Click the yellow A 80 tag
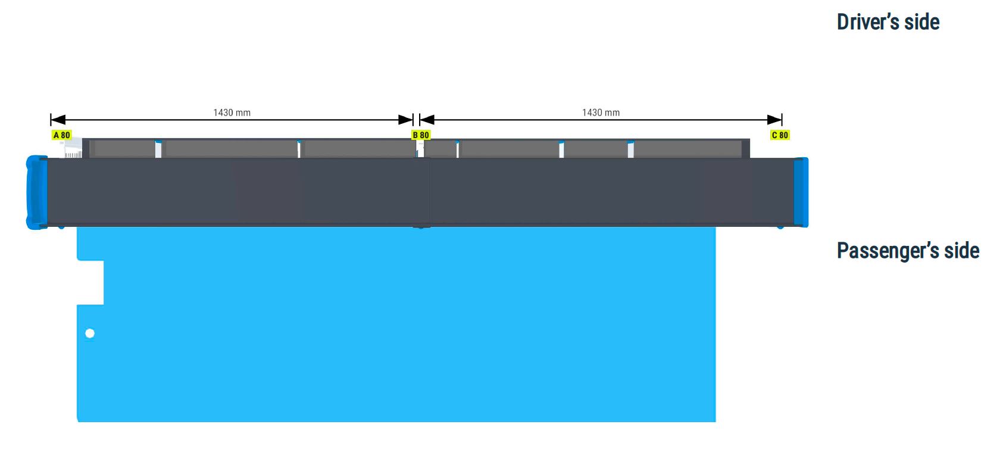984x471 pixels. click(61, 135)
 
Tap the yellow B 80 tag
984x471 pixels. click(421, 135)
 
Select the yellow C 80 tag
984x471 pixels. click(780, 135)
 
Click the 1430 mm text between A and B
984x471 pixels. click(232, 113)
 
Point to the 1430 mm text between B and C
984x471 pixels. click(601, 113)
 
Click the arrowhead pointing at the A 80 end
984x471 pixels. click(58, 120)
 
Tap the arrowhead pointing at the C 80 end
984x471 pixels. click(774, 120)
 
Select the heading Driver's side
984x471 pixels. click(888, 22)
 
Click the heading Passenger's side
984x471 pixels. click(908, 251)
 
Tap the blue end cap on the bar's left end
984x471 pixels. click(37, 192)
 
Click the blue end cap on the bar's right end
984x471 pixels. click(801, 192)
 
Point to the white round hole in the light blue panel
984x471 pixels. click(90, 333)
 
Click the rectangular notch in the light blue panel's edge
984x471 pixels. click(90, 282)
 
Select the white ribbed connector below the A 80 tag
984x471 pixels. click(72, 148)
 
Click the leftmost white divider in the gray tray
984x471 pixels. click(158, 149)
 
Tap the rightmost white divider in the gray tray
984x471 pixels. click(631, 149)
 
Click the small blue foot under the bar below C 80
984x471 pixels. click(780, 227)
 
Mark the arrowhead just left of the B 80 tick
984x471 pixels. click(405, 120)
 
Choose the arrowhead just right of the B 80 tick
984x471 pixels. click(427, 120)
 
